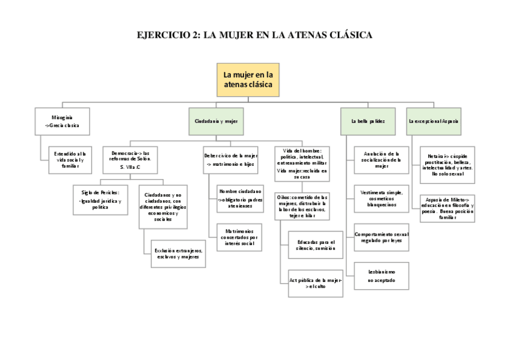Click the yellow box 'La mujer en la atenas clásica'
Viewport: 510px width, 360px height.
click(x=248, y=80)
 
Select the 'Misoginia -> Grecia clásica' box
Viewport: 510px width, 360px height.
click(x=62, y=121)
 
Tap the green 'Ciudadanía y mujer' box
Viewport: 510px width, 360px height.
click(x=216, y=121)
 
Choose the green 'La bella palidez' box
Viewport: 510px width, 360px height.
click(x=367, y=121)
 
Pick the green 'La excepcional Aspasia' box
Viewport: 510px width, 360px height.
click(x=433, y=121)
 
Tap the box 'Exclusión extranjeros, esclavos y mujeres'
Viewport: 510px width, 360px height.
click(x=177, y=253)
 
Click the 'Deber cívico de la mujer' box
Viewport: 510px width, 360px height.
click(x=232, y=159)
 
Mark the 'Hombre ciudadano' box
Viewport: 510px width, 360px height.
click(x=241, y=198)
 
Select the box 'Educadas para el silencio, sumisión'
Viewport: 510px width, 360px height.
click(x=316, y=245)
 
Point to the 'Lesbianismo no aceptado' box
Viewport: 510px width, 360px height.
click(x=381, y=276)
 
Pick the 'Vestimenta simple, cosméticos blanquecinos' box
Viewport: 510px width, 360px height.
click(x=381, y=198)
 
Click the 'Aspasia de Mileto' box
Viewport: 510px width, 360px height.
click(x=447, y=208)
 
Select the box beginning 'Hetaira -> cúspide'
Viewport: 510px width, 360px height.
click(x=447, y=165)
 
